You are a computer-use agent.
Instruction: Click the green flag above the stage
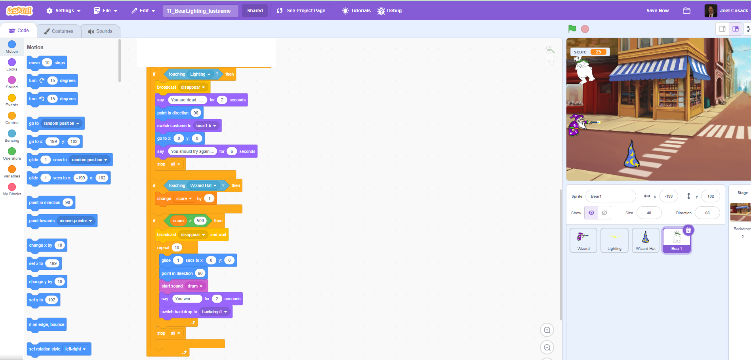[572, 29]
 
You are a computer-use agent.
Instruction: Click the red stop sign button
[585, 29]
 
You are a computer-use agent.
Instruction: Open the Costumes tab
[59, 31]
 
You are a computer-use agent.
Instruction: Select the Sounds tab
[100, 31]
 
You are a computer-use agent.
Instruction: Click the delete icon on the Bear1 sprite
[688, 230]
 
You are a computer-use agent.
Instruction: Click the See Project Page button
[301, 11]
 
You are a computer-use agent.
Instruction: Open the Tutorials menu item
[356, 11]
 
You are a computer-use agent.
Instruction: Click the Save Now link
[658, 11]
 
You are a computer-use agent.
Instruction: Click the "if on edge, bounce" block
[46, 324]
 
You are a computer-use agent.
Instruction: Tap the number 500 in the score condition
[200, 221]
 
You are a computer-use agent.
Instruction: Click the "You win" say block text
[187, 299]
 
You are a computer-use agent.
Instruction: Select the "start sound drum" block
[172, 286]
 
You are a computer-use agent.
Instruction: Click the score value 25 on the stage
[598, 52]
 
